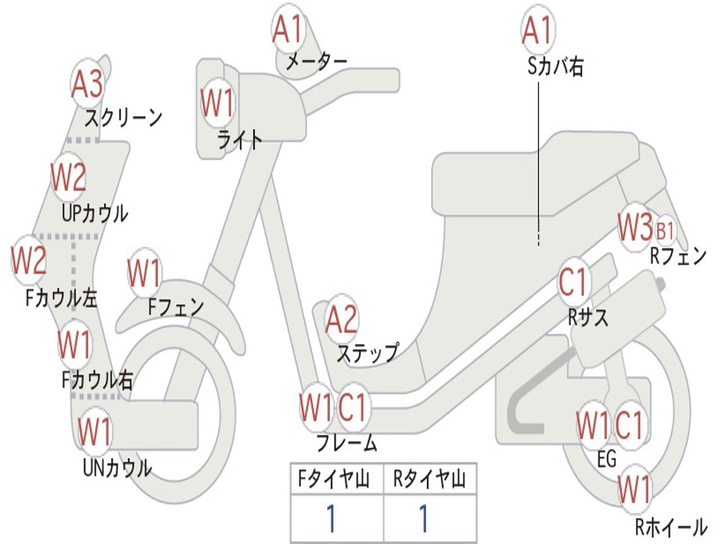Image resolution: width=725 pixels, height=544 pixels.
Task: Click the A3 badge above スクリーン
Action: [87, 84]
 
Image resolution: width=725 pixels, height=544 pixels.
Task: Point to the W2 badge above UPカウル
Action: [69, 177]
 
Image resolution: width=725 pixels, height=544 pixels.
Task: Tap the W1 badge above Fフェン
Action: [144, 273]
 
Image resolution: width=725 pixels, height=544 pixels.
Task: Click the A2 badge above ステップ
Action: [341, 320]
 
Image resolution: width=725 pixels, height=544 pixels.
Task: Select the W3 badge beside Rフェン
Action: [634, 228]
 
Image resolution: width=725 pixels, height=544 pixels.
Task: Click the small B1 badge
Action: [666, 230]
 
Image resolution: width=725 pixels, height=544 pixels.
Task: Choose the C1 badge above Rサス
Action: [573, 283]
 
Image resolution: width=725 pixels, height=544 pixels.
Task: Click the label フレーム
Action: [346, 444]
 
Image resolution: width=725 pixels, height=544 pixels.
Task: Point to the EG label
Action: [607, 459]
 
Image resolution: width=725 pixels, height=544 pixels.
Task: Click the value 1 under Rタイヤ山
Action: [423, 518]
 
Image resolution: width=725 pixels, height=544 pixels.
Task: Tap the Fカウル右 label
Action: [97, 380]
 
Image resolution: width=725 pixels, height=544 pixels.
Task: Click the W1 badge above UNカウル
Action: [95, 430]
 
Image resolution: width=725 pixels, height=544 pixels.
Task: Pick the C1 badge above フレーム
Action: [353, 408]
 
